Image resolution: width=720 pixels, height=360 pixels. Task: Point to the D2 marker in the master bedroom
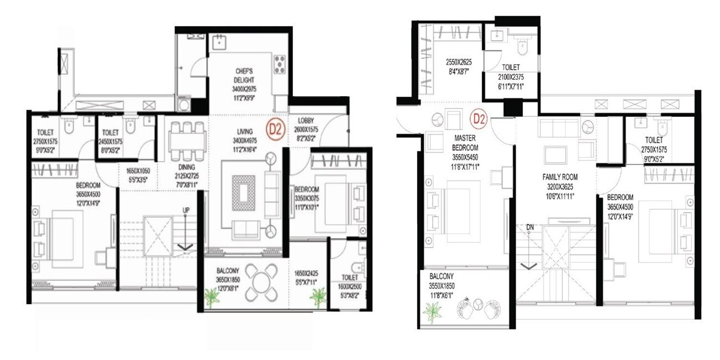479,118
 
